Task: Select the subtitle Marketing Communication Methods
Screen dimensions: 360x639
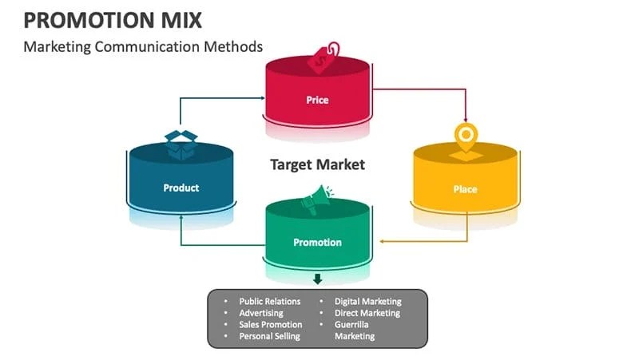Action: click(x=143, y=46)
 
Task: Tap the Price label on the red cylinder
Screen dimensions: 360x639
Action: click(x=317, y=100)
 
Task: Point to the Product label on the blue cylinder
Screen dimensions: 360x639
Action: click(x=181, y=188)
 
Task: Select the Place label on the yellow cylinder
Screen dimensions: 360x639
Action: click(x=465, y=189)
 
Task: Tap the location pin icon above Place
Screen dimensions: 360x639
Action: click(x=464, y=135)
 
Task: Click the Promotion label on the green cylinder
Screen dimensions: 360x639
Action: click(x=317, y=242)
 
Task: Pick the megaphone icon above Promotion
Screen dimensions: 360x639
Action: click(x=317, y=196)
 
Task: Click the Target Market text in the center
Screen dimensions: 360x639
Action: click(x=317, y=164)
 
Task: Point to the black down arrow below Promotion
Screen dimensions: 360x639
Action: click(x=317, y=279)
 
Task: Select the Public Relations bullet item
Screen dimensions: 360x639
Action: click(x=270, y=302)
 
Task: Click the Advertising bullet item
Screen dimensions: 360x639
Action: click(x=261, y=313)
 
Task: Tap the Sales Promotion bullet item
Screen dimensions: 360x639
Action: click(x=271, y=325)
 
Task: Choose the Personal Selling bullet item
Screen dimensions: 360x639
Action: click(x=269, y=336)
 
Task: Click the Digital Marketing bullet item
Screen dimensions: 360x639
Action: click(x=367, y=302)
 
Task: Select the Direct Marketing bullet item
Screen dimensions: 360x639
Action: click(x=367, y=313)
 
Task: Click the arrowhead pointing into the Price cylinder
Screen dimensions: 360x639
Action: click(x=262, y=99)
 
